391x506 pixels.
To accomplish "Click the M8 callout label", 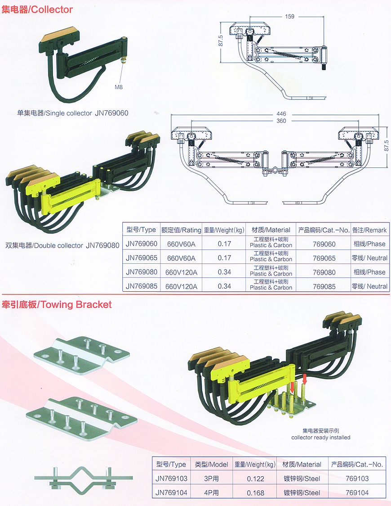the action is tap(119, 87).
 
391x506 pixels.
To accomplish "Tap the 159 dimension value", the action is tap(289, 17).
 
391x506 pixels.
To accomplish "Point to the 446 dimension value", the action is tap(281, 113).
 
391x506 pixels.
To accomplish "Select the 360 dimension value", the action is tap(281, 121).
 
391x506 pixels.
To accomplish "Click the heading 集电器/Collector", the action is tap(37, 9).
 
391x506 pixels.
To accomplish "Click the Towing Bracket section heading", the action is tap(57, 304).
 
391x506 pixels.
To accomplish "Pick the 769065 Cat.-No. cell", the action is tap(324, 258).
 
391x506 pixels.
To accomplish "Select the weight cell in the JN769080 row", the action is tap(224, 272).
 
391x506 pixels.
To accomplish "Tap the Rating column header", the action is tap(181, 230).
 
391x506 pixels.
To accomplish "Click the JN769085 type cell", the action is tap(142, 286).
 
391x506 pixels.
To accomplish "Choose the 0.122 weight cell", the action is tap(255, 479).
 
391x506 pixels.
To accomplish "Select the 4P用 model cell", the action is tap(211, 493).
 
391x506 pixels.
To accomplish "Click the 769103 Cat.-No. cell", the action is tap(357, 479).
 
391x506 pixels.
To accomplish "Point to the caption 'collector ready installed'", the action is tap(321, 438).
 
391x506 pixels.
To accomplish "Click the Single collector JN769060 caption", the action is tap(73, 113).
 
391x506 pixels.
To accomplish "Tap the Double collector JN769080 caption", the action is tap(62, 246).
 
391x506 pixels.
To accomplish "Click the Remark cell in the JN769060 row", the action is tap(369, 244).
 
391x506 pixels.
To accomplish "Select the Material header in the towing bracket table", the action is tap(302, 465).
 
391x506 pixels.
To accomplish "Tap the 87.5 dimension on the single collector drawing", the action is tap(221, 41).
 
